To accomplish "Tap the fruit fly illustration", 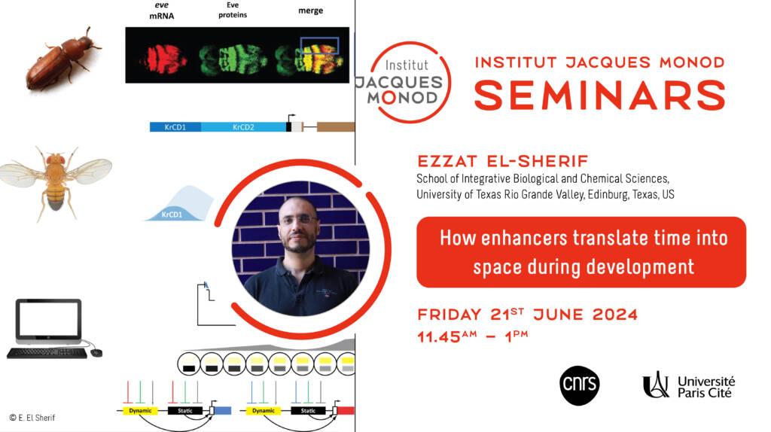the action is point(56,183).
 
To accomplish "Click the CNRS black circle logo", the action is point(579,385).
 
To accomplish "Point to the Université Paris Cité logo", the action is point(688,385).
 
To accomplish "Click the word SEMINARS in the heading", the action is point(600,95).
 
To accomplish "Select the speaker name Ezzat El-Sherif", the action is point(502,161).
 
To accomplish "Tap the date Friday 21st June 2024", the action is point(527,314).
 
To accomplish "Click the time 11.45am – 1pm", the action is point(473,336).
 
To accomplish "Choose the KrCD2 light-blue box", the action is point(243,126).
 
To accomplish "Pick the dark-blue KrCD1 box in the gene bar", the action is point(175,126).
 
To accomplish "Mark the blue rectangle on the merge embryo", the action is point(319,46).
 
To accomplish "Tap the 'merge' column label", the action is point(311,11).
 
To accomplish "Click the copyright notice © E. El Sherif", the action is point(32,418).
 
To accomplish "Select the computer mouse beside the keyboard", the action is point(96,352).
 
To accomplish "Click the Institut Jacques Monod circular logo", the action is point(404,83).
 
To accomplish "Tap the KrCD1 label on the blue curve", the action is point(172,214).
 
